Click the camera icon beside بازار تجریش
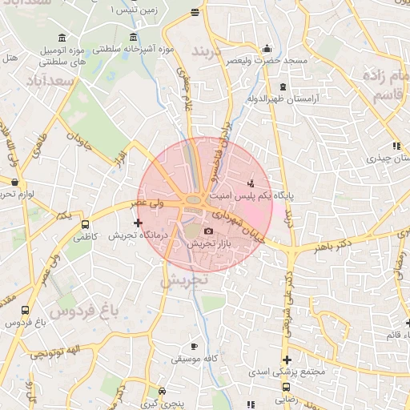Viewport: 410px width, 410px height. click(210, 231)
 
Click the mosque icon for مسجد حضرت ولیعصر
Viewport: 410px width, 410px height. click(267, 47)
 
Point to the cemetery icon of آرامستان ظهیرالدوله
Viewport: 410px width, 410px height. click(282, 86)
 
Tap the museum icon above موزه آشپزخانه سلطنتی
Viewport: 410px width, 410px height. click(133, 38)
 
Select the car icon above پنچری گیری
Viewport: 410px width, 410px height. click(163, 392)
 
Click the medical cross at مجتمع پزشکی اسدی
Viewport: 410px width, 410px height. click(286, 360)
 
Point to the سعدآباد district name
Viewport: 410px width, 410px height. click(50, 82)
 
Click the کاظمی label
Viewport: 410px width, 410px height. click(84, 237)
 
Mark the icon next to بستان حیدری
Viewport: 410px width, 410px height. click(396, 146)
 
